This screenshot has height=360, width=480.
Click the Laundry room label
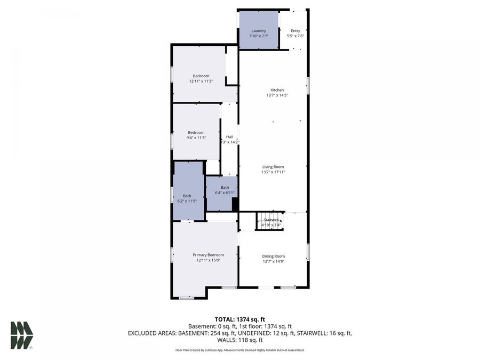pos(259,30)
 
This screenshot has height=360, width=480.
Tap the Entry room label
pos(295,30)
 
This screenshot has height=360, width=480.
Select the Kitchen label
pos(277,90)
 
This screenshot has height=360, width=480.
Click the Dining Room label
pos(273,256)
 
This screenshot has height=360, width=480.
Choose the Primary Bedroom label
pos(208,255)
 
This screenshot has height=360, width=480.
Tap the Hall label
pos(229,137)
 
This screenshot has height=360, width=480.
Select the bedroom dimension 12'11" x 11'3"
pos(201,82)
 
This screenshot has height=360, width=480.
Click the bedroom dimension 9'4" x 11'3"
pos(196,138)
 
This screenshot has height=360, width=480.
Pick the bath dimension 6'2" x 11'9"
pos(187,201)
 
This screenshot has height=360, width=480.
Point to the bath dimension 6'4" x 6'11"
pos(225,193)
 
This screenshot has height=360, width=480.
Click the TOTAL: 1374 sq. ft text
pos(239,318)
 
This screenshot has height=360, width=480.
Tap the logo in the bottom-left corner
pos(22,335)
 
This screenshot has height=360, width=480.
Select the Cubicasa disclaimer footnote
pos(239,350)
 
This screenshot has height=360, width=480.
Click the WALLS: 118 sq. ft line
pos(239,340)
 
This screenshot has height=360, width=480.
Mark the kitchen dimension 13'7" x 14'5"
pos(277,95)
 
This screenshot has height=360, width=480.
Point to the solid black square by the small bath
pos(235,205)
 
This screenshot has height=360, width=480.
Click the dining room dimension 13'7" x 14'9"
pos(273,261)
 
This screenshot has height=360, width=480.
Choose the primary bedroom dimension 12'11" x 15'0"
pos(208,260)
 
